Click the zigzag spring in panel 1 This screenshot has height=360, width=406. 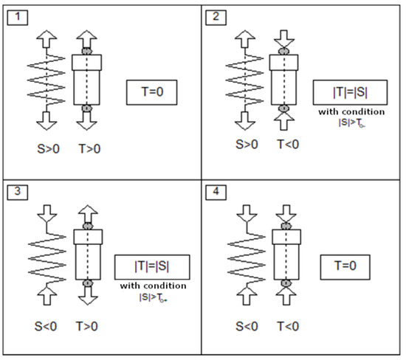(46, 80)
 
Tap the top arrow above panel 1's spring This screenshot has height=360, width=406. (46, 38)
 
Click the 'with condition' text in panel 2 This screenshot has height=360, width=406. (345, 112)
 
